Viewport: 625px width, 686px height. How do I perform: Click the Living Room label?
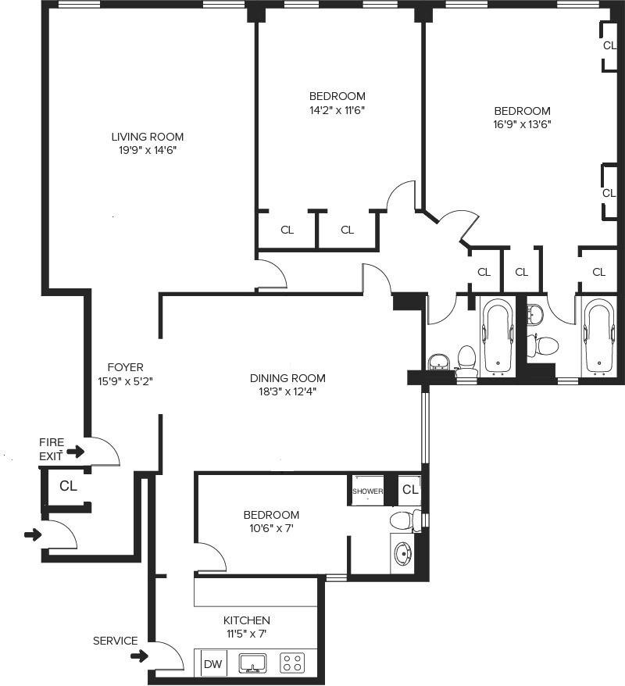click(148, 137)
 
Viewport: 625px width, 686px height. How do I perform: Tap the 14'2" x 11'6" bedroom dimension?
click(337, 110)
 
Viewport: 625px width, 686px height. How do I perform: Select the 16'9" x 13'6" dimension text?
click(522, 123)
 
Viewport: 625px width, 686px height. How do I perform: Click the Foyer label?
click(125, 367)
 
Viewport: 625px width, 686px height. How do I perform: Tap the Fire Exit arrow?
click(75, 452)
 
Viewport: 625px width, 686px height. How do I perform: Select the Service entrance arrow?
click(139, 656)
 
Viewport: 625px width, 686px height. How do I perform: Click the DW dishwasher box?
click(212, 665)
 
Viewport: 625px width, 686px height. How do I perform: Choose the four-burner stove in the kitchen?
click(293, 664)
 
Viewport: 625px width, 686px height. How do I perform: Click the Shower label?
click(367, 491)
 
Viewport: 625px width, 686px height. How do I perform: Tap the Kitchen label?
click(248, 620)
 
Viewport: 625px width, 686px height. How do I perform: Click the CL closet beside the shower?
click(410, 490)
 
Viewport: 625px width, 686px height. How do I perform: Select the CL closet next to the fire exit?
click(68, 486)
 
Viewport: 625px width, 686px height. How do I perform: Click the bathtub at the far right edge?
click(598, 338)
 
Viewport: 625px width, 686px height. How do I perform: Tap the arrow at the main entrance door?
click(33, 535)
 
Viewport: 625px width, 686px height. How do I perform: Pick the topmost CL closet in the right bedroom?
click(609, 45)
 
